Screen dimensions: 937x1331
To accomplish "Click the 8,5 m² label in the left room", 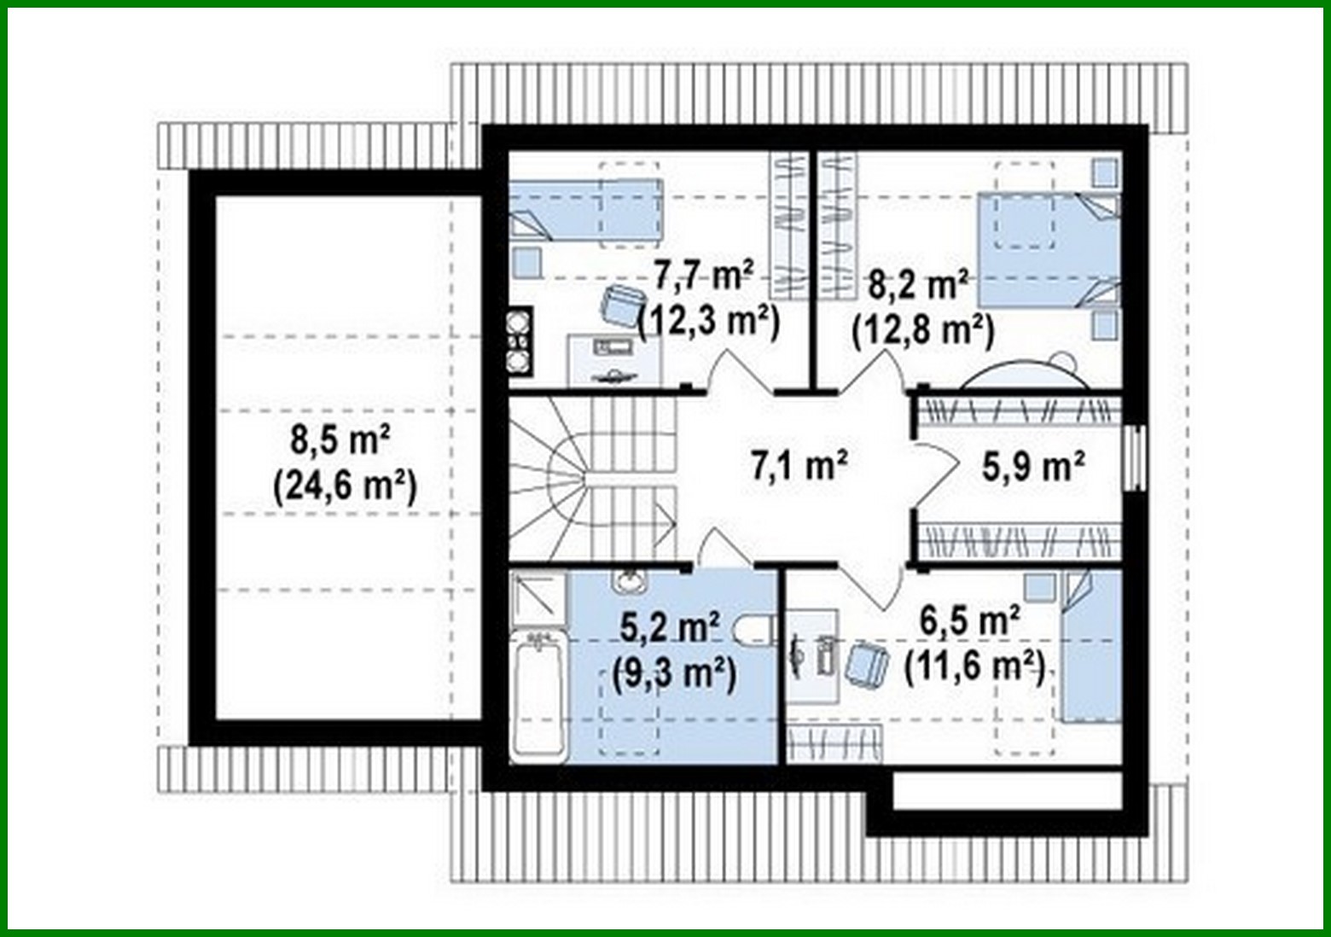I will [340, 442].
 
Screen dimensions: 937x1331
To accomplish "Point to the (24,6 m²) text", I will [345, 487].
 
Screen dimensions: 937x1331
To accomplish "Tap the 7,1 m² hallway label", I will [799, 466].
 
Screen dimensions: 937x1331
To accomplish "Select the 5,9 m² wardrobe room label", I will [1033, 466].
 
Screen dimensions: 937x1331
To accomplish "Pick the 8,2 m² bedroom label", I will [917, 284].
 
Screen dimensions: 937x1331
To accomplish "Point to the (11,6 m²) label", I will [974, 666].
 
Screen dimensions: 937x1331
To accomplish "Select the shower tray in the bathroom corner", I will [538, 597].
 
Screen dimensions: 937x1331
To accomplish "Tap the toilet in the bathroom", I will [755, 631].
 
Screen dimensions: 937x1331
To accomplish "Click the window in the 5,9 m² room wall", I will [1133, 457].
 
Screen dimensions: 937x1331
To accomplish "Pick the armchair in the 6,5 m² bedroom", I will [868, 664].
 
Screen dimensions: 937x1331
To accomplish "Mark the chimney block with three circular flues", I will [519, 341].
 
